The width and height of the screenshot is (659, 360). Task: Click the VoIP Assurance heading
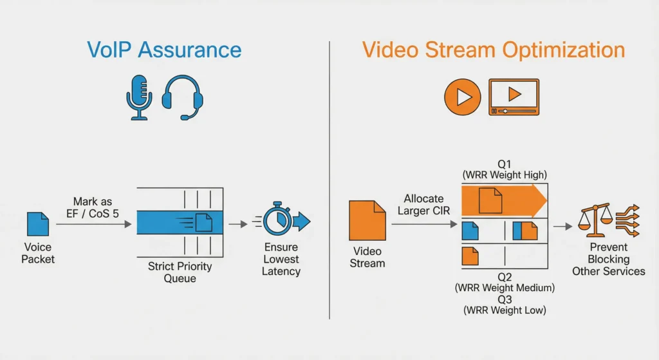pyautogui.click(x=164, y=50)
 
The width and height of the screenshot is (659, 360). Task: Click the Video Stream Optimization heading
pyautogui.click(x=493, y=50)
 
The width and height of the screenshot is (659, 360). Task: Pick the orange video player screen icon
pyautogui.click(x=514, y=98)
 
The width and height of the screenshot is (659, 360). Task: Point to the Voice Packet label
pyautogui.click(x=39, y=252)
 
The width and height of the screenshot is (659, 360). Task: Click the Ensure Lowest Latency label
pyautogui.click(x=281, y=260)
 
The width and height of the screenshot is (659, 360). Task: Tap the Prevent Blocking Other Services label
pyautogui.click(x=608, y=260)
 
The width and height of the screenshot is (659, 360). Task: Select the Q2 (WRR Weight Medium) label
pyautogui.click(x=504, y=281)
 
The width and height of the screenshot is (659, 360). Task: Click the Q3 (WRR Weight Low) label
pyautogui.click(x=504, y=305)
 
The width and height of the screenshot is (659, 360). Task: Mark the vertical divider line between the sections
pyautogui.click(x=329, y=180)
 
